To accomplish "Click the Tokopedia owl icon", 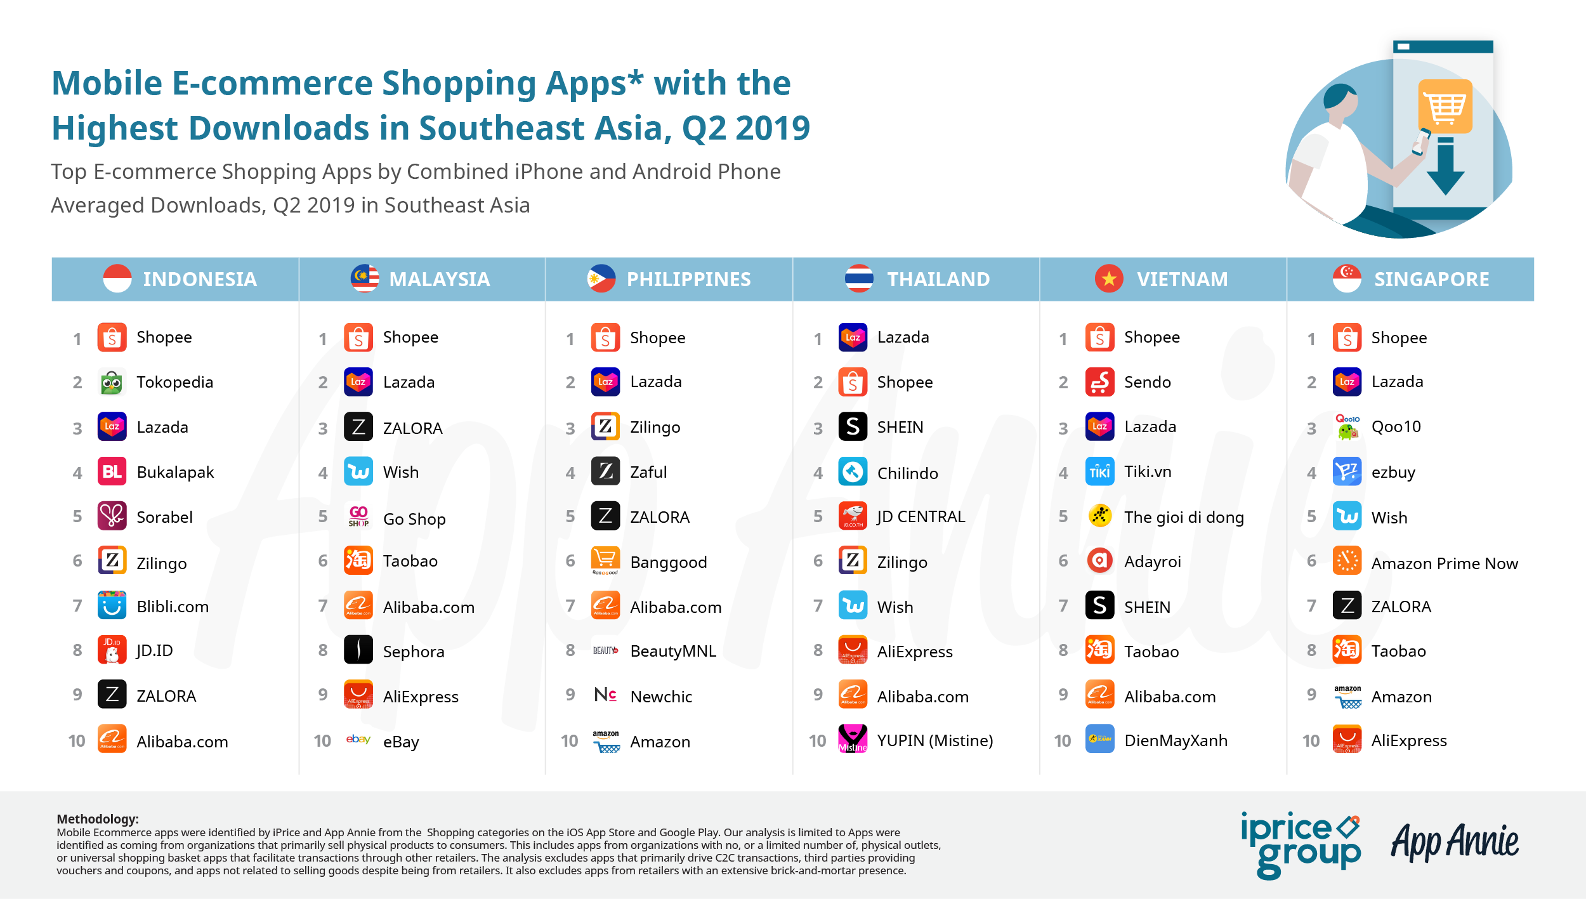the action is coord(112,382).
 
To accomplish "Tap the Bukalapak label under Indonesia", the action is coord(175,473).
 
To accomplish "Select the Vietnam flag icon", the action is coord(1109,279).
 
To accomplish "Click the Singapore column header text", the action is coord(1431,279).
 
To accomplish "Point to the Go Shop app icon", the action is coord(358,516).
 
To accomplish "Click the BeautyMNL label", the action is coord(673,652).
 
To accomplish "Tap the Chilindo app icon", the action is coord(853,472).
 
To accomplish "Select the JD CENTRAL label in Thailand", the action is coord(921,517).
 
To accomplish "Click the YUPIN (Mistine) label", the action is coord(935,741).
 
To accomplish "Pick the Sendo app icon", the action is coord(1099,382).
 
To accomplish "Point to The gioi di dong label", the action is coord(1184,518).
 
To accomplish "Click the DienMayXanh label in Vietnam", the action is coord(1176,741).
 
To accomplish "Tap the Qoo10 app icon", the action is coord(1347,427).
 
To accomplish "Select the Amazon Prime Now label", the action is coord(1445,563).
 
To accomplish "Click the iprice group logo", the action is coord(1301,844).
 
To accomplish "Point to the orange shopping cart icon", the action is coord(1445,107).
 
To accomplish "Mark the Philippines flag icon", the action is coord(601,279).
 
